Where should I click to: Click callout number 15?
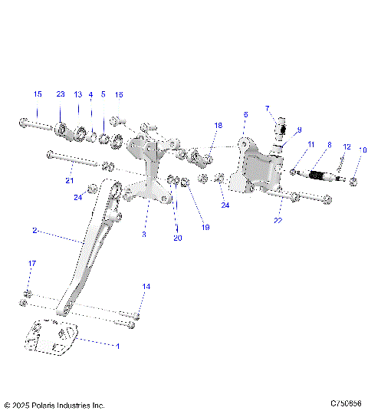37,94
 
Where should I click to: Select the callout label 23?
61,94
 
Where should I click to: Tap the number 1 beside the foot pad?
117,347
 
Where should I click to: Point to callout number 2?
34,230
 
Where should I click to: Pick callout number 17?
31,264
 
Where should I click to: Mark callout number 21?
69,181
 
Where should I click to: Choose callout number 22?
278,220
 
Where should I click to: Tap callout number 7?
268,108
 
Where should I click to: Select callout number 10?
363,150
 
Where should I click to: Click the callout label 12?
347,146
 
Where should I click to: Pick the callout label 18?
218,125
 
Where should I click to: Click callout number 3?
143,235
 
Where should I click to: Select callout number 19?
205,227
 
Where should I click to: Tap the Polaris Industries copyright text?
54,404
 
